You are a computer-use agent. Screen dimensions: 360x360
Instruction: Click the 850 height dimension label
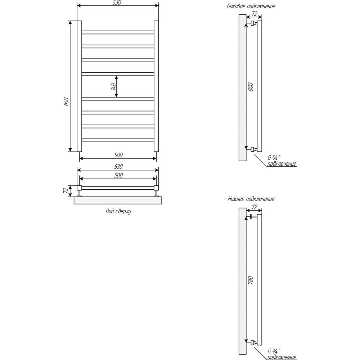click(66, 102)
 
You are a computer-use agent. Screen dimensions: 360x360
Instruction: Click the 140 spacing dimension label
click(113, 86)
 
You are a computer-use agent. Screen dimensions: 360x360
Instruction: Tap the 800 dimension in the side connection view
click(251, 87)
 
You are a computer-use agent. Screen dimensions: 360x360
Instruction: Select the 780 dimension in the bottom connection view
click(251, 280)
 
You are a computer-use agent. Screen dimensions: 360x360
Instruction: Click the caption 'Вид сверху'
click(118, 211)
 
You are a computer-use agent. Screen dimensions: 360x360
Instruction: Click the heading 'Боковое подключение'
click(251, 6)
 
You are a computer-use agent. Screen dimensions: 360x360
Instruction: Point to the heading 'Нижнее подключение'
click(251, 199)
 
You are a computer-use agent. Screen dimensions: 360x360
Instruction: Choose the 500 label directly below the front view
click(118, 155)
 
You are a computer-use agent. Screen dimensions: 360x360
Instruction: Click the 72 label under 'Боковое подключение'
click(255, 14)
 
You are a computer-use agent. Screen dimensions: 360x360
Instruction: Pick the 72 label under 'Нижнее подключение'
click(255, 207)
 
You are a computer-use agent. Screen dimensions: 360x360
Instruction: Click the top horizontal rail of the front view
click(118, 32)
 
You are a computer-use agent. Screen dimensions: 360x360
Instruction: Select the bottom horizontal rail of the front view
click(118, 140)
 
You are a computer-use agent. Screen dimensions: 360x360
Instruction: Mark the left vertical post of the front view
click(79, 86)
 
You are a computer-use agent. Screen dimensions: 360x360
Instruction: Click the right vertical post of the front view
click(156, 86)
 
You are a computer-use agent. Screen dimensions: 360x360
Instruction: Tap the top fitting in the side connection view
click(253, 23)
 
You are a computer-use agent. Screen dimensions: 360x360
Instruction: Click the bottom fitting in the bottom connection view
click(253, 343)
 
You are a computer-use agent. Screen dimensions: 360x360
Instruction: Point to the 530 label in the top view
click(118, 166)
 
